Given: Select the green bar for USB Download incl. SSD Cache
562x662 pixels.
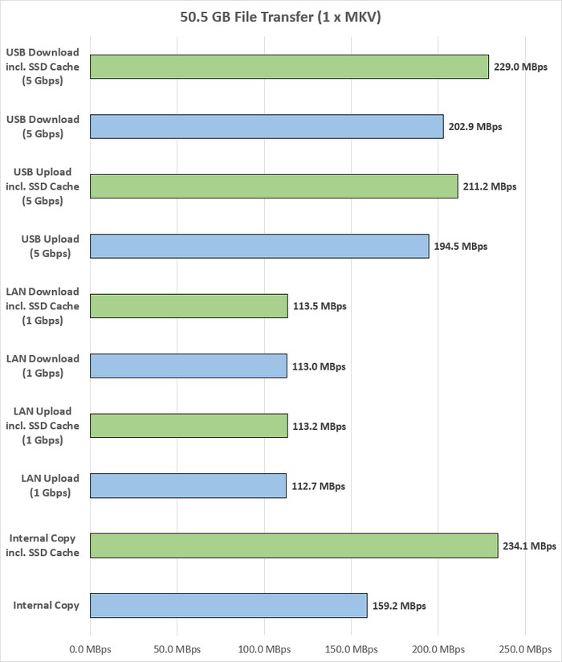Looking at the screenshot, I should pos(289,67).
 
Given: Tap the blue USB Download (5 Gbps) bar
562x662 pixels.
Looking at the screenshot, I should pos(267,126).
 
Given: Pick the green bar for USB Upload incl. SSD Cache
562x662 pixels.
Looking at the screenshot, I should pos(274,186).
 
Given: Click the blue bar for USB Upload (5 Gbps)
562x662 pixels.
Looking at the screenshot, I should pos(259,246).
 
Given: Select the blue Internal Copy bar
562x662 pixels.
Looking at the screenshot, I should pos(229,606).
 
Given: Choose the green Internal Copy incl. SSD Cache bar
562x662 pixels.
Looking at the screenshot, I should pos(294,546).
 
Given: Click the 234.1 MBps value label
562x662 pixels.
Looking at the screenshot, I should pos(530,546).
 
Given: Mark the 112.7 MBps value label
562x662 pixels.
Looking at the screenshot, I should pos(318,486).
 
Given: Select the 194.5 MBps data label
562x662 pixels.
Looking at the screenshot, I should pos(461,246).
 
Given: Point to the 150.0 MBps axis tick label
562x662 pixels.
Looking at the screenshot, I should pos(351,648).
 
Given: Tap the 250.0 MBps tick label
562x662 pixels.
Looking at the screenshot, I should pos(524,648).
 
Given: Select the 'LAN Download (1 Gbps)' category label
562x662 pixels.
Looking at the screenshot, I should pos(47,366).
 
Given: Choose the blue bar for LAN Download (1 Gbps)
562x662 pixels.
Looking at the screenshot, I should pos(189,366).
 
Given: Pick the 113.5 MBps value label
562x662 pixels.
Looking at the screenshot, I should pos(319,306).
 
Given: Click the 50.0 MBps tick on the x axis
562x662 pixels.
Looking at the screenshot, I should pos(177,648).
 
